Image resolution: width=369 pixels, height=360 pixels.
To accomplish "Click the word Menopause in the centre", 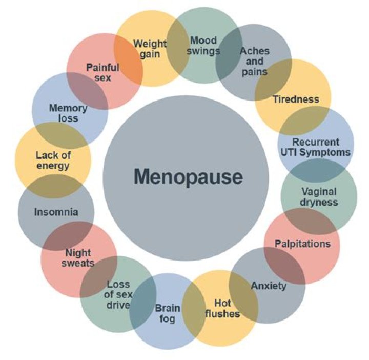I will tap(188, 177).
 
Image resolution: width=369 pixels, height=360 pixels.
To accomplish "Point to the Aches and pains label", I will tap(254, 61).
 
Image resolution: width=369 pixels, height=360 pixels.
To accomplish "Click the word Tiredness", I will tap(296, 99).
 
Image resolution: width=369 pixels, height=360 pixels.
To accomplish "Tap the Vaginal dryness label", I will tap(319, 196).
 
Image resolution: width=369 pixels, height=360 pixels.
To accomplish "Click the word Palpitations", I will tap(302, 243).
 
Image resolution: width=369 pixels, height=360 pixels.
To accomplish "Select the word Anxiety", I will tap(269, 286).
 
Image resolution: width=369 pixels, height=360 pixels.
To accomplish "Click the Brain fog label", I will tap(168, 313).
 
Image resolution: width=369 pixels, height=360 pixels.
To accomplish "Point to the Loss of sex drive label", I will tap(118, 295).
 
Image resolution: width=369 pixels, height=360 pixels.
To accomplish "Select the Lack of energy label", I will tap(52, 159).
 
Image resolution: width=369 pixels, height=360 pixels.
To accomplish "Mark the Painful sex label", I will tap(102, 72).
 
